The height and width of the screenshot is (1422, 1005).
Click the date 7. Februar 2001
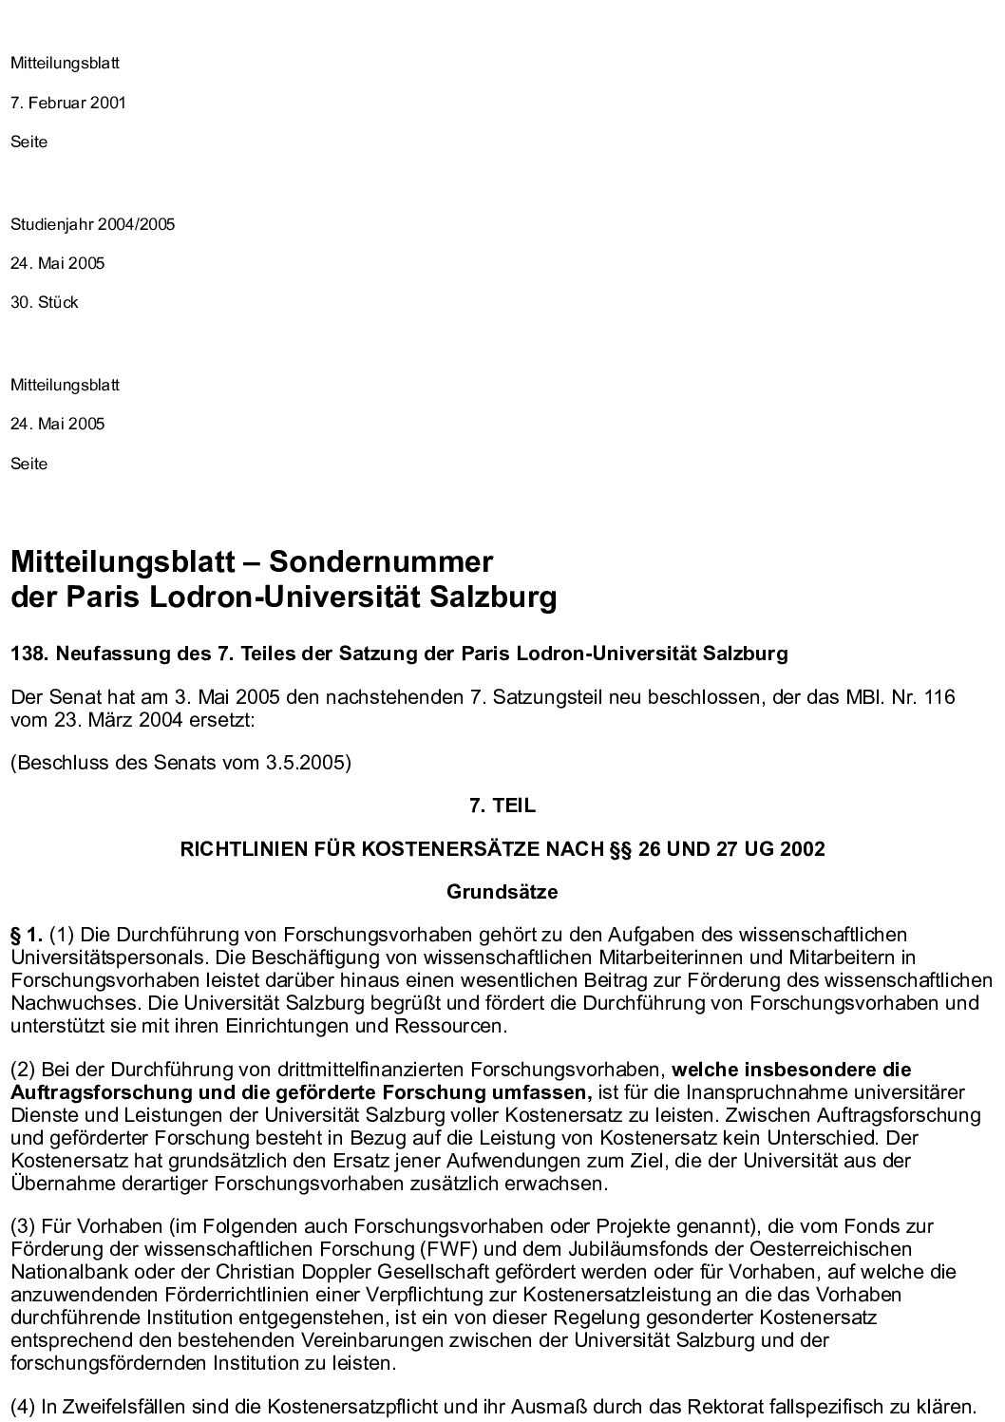(67, 103)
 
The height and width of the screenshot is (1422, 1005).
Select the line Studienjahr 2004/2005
(92, 225)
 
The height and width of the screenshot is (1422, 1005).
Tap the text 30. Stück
(44, 303)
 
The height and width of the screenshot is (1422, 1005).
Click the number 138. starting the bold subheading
(28, 654)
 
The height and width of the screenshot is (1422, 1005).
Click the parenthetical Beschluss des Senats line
(180, 763)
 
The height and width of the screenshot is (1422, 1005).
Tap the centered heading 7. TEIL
(502, 806)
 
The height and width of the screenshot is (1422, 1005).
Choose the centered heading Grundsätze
(502, 892)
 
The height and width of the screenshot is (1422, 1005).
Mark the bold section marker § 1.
(26, 935)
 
